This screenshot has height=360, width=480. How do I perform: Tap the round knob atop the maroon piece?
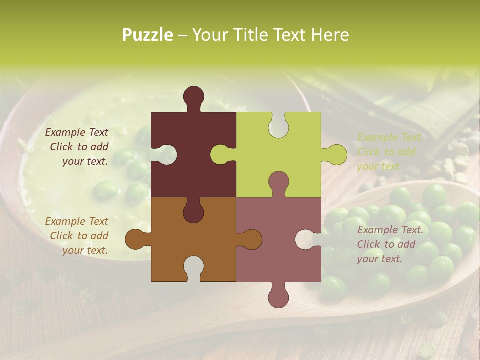click(x=194, y=97)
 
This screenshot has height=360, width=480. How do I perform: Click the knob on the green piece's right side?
click(x=336, y=154)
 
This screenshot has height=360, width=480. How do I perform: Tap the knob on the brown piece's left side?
click(x=135, y=239)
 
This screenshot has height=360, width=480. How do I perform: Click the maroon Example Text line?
click(x=76, y=132)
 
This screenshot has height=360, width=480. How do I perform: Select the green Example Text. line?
click(x=390, y=137)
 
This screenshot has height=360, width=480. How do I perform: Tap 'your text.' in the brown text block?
click(x=85, y=250)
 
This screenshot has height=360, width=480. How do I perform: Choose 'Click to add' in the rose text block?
click(x=386, y=244)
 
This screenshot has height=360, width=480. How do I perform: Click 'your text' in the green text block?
click(x=378, y=166)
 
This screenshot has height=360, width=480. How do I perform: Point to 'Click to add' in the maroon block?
click(x=79, y=147)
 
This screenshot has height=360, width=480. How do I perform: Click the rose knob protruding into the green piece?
click(x=278, y=183)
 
